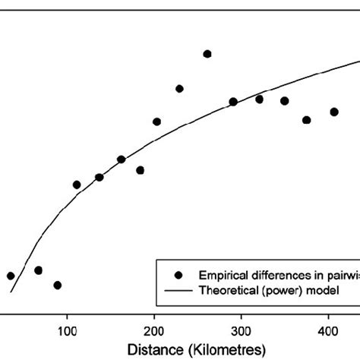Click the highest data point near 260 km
207,54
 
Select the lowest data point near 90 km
58,285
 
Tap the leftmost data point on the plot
11,276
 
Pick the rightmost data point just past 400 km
333,112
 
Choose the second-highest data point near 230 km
179,89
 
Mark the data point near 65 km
38,270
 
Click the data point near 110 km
77,185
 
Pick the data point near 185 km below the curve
141,170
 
